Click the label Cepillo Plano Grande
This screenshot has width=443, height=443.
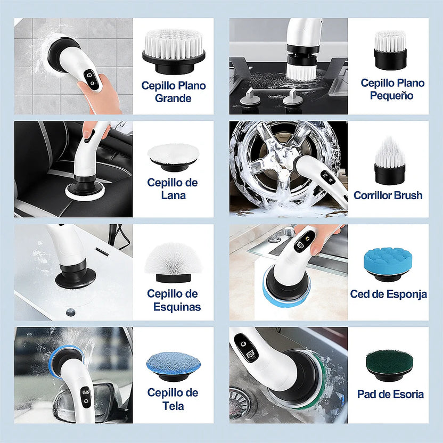[173, 92]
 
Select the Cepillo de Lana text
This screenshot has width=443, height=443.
[173, 188]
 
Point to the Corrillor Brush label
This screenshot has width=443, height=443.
[388, 195]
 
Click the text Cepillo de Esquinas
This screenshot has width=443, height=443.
[173, 300]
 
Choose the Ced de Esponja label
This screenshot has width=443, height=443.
[388, 294]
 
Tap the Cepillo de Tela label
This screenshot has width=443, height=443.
[173, 399]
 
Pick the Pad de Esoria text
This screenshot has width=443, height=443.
[390, 394]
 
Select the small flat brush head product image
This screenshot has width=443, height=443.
[390, 50]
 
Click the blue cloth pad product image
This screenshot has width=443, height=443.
[174, 365]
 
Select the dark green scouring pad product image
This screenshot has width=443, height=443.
[388, 364]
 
